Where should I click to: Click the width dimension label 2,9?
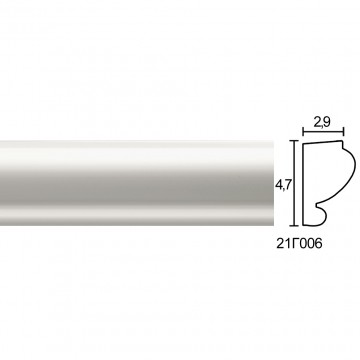click(x=322, y=123)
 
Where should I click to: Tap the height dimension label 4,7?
click(x=282, y=185)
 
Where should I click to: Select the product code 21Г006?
click(x=299, y=244)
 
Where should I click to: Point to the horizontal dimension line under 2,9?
click(x=323, y=132)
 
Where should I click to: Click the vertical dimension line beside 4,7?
click(x=294, y=183)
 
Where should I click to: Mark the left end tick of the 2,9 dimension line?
click(x=303, y=132)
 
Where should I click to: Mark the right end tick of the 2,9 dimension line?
click(x=343, y=132)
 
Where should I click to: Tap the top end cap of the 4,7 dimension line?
click(x=294, y=141)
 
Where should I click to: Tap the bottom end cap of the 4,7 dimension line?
click(x=294, y=226)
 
